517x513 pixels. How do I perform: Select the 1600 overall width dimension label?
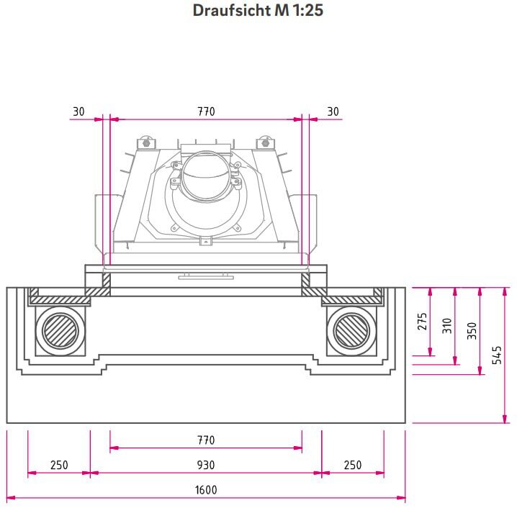click(x=206, y=490)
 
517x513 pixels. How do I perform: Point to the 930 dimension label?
click(x=206, y=465)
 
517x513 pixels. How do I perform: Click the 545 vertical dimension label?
click(x=498, y=355)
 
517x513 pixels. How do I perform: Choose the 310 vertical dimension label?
click(x=447, y=325)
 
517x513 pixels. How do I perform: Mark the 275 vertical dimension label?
click(x=422, y=321)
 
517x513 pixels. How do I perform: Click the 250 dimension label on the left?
click(x=59, y=465)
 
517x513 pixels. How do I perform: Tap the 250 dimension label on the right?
click(x=353, y=465)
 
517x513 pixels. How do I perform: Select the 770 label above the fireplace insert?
click(x=206, y=112)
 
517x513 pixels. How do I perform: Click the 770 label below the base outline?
click(x=206, y=440)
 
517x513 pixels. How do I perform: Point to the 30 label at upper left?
click(x=78, y=112)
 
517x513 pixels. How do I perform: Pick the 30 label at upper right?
click(x=333, y=112)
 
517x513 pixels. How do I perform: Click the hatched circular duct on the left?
click(x=60, y=332)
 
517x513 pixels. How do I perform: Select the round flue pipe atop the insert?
click(x=205, y=176)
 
